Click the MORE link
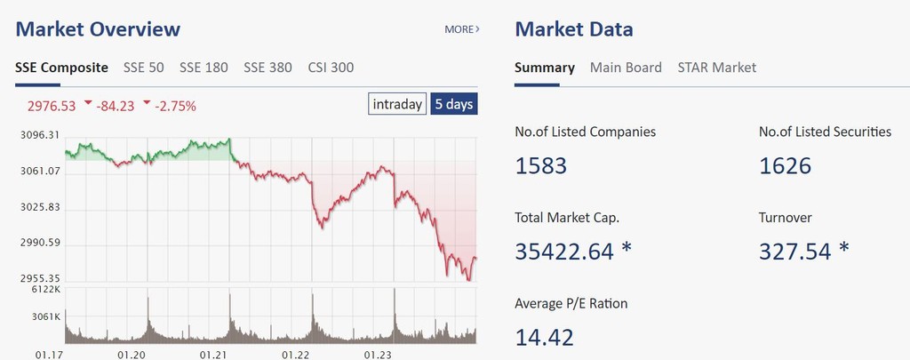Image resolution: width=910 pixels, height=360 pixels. (461, 29)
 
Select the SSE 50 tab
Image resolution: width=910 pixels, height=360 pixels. (144, 68)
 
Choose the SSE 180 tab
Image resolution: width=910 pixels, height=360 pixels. (204, 68)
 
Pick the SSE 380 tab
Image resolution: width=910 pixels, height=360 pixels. (267, 68)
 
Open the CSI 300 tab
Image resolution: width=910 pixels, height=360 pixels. (331, 68)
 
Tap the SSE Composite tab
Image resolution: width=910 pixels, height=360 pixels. (62, 68)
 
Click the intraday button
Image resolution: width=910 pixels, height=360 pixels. (397, 104)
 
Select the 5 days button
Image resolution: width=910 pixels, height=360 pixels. (453, 104)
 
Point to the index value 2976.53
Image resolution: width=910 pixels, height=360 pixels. (52, 106)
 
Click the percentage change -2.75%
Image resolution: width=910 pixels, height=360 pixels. (175, 106)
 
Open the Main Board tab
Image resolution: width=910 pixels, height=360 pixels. (626, 68)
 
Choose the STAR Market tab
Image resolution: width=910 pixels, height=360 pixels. (716, 68)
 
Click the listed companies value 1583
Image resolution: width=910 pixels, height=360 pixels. (540, 165)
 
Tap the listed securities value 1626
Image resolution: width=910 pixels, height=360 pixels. (785, 165)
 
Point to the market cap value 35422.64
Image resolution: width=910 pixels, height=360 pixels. (564, 252)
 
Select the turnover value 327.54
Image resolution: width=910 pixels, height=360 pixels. (794, 252)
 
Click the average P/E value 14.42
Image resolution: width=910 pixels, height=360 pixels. (544, 337)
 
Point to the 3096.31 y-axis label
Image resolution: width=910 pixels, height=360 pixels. (40, 135)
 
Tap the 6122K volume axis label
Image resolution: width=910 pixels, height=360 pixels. (44, 290)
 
